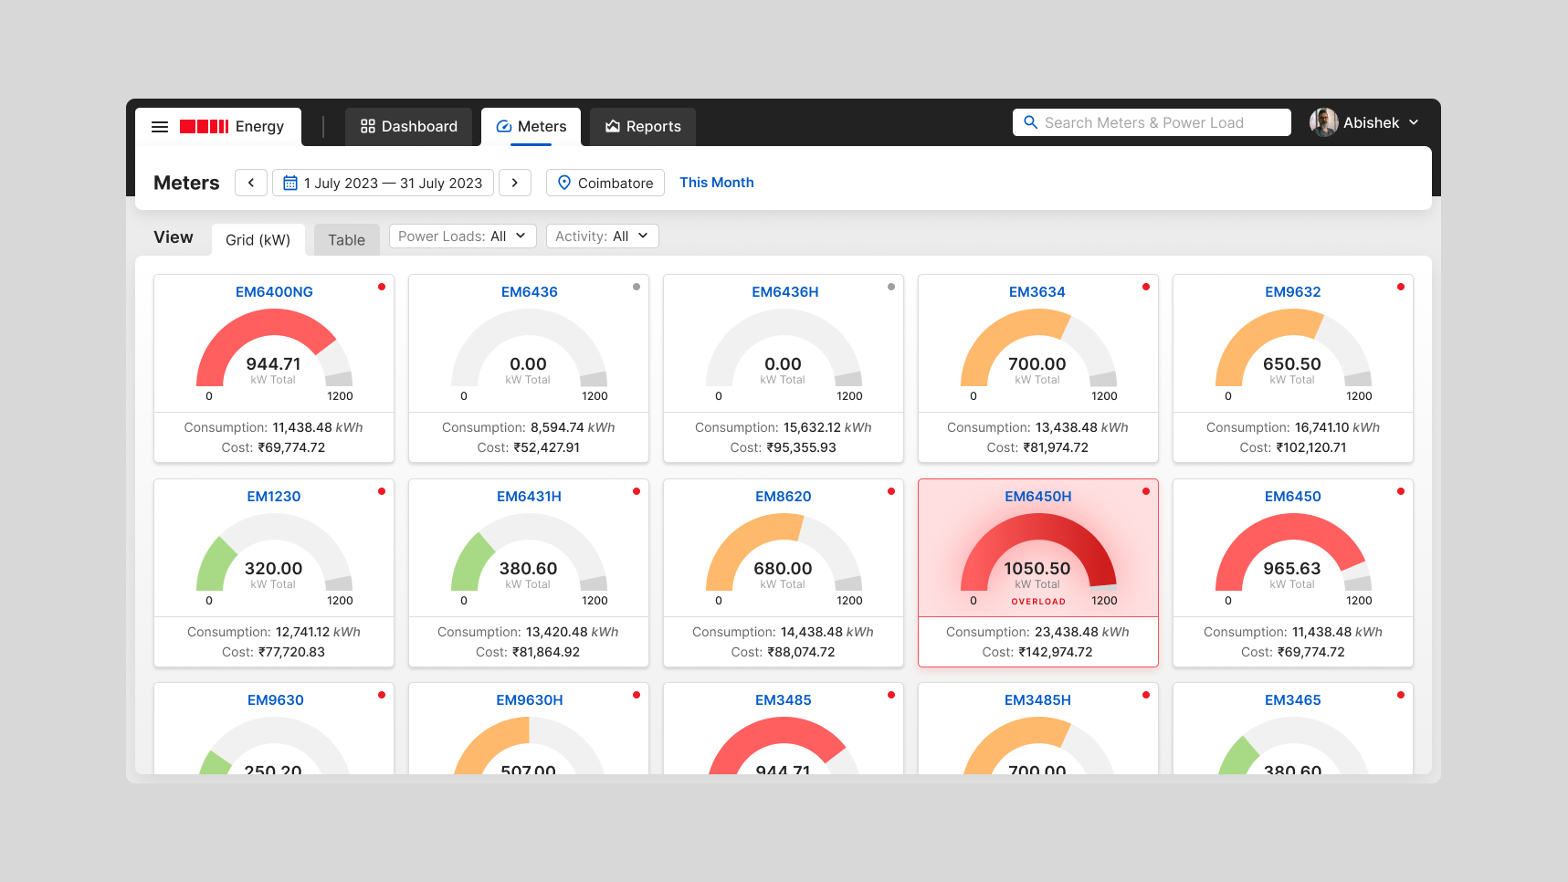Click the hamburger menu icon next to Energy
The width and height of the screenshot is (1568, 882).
[160, 127]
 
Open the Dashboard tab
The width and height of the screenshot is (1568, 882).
[408, 127]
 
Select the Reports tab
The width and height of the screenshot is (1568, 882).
[643, 127]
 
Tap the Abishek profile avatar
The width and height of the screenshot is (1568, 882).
[1323, 122]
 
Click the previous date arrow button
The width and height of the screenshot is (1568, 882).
[251, 183]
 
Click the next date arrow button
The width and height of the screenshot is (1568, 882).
[515, 183]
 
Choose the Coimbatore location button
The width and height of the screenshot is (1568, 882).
[605, 183]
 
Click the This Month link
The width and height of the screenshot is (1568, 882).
[717, 183]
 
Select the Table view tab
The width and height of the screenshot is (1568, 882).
[346, 240]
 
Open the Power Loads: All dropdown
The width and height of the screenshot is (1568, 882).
[462, 236]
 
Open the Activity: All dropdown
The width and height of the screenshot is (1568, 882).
[602, 236]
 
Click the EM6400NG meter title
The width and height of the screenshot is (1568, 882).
[274, 292]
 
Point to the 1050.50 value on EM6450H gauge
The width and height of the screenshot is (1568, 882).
[1037, 569]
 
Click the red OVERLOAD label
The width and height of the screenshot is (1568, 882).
[1038, 602]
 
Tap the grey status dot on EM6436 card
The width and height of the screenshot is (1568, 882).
[637, 287]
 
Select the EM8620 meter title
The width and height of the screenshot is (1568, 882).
[784, 497]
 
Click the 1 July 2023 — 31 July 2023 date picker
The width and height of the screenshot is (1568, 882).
[383, 183]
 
